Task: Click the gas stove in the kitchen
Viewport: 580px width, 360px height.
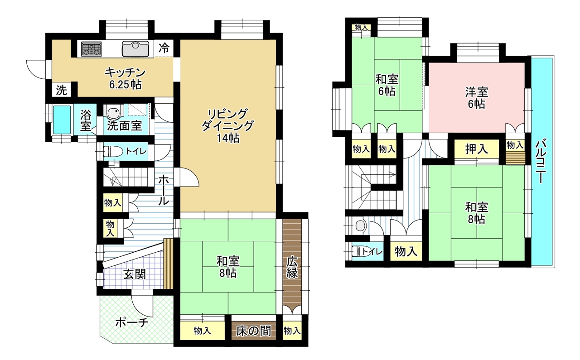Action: click(x=91, y=49)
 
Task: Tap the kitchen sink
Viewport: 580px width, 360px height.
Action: click(x=135, y=49)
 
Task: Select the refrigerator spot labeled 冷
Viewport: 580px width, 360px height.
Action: click(x=164, y=48)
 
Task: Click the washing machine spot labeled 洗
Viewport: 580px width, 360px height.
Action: click(x=62, y=90)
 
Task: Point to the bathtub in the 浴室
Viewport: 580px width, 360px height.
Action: click(x=62, y=120)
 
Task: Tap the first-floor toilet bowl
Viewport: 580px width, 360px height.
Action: click(x=113, y=151)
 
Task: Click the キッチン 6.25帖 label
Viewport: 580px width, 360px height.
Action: click(x=126, y=78)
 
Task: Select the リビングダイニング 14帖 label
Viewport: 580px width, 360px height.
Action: click(x=227, y=126)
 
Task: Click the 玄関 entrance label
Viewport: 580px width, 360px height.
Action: click(x=135, y=274)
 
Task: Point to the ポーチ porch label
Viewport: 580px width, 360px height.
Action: click(x=132, y=323)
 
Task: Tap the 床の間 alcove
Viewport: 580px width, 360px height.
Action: click(x=253, y=331)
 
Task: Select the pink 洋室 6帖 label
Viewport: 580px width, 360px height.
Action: click(x=476, y=98)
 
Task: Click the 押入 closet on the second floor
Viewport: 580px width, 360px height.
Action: click(x=477, y=149)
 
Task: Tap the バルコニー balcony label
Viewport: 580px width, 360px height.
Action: click(x=541, y=161)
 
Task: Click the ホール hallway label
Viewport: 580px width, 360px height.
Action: click(x=164, y=190)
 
